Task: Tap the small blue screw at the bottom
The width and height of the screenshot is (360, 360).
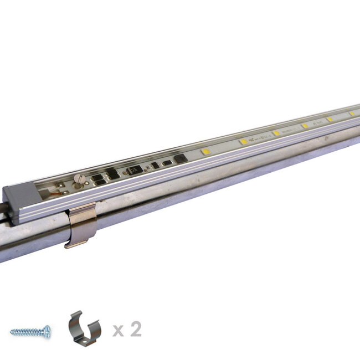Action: pos(30,332)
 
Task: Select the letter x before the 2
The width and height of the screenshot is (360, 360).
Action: pos(118,331)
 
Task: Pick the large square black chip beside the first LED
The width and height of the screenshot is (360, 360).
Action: pos(181,159)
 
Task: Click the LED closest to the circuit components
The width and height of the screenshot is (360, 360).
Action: pos(206,151)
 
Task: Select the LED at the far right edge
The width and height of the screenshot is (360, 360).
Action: pos(352,114)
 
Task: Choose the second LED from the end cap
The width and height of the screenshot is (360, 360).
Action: pos(244,142)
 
